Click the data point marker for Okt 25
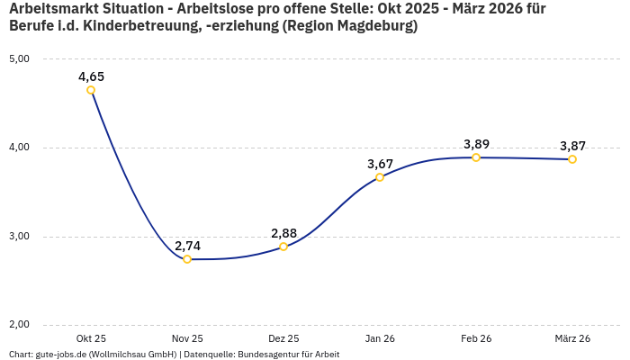91,90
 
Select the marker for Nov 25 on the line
187,259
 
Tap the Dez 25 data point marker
283,247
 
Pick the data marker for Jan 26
380,176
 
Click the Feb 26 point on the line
476,157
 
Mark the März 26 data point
572,159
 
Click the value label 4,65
91,76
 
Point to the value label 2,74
187,246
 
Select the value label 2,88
283,233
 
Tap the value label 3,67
380,163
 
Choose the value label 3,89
476,144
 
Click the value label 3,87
572,146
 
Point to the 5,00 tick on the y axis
19,58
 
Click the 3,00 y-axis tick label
19,237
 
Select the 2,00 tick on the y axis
19,325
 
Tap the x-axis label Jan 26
380,338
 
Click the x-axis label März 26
572,338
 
